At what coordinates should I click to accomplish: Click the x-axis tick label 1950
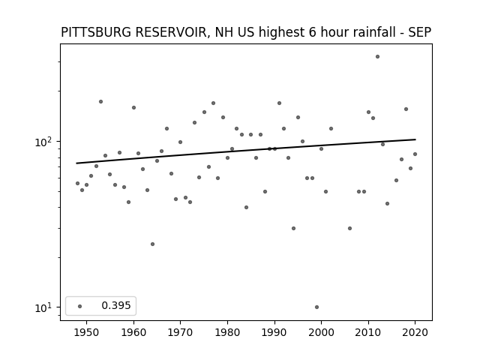pyautogui.click(x=87, y=332)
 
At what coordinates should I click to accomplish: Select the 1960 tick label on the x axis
pyautogui.click(x=133, y=332)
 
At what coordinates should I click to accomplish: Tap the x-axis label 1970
pyautogui.click(x=180, y=332)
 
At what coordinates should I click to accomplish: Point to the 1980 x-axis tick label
pyautogui.click(x=227, y=332)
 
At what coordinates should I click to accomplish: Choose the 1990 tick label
pyautogui.click(x=274, y=332)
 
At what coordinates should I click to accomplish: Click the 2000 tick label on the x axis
pyautogui.click(x=321, y=332)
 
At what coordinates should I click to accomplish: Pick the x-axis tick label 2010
pyautogui.click(x=368, y=332)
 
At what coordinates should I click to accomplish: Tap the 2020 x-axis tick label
pyautogui.click(x=415, y=332)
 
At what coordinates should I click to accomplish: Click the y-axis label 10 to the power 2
pyautogui.click(x=44, y=142)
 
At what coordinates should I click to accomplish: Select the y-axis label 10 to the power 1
pyautogui.click(x=44, y=307)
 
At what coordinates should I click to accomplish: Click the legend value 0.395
pyautogui.click(x=116, y=305)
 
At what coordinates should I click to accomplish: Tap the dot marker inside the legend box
pyautogui.click(x=80, y=306)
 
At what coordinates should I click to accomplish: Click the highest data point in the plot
pyautogui.click(x=377, y=57)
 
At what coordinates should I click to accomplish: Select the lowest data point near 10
pyautogui.click(x=316, y=307)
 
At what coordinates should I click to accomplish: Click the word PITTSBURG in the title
pyautogui.click(x=96, y=32)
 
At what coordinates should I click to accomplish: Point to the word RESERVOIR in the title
pyautogui.click(x=172, y=32)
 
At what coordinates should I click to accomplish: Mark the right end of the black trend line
pyautogui.click(x=415, y=139)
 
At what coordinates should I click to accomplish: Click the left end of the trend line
pyautogui.click(x=76, y=163)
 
